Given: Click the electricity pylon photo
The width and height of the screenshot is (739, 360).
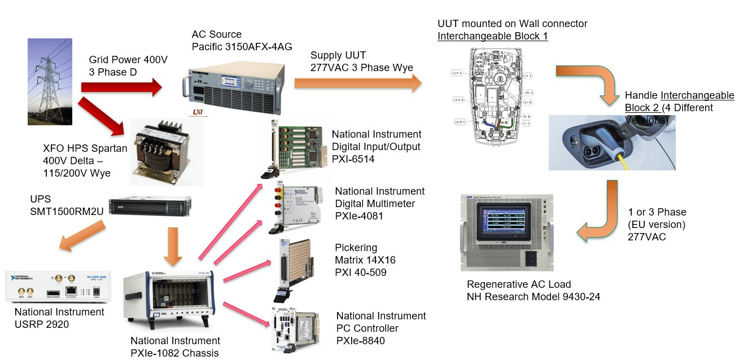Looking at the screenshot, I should coord(50,81).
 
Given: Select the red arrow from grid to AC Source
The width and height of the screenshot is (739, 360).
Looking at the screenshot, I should coord(121,87).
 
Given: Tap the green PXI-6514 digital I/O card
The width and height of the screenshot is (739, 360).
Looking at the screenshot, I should coord(296,147).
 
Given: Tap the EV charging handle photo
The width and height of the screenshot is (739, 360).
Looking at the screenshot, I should coord(611,142).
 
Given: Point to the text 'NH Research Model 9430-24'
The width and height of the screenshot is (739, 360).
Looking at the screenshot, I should coord(533,297).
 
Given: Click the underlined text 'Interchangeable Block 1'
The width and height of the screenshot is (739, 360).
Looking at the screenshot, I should coord(492,36).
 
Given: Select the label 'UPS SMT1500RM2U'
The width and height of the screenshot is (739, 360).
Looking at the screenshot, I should coord(66,206).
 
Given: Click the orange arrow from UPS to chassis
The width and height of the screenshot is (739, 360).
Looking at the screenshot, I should coord(173,246).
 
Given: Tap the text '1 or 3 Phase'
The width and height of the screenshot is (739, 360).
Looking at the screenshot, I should coord(657,212).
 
